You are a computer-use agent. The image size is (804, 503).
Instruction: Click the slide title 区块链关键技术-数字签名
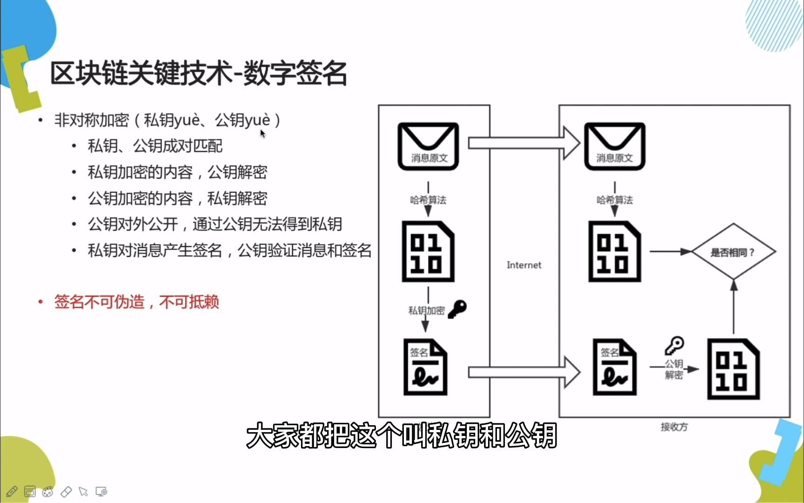[x=198, y=74]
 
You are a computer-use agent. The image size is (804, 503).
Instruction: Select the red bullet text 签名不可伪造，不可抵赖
[x=136, y=302]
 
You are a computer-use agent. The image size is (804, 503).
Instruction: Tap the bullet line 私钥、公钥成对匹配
[x=155, y=146]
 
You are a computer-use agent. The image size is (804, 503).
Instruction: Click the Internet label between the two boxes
[x=524, y=265]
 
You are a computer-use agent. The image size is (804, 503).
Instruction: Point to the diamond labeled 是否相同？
[x=733, y=252]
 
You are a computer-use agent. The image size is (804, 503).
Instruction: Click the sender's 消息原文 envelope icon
[x=428, y=146]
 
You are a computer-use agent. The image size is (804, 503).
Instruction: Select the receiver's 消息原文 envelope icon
[x=615, y=146]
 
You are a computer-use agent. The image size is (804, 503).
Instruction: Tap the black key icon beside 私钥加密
[x=457, y=309]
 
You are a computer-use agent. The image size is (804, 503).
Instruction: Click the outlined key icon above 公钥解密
[x=674, y=346]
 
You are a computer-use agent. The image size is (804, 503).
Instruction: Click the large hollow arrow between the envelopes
[x=524, y=143]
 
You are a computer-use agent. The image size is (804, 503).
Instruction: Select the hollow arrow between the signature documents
[x=524, y=372]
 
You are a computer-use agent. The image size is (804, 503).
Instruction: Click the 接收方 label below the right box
[x=674, y=427]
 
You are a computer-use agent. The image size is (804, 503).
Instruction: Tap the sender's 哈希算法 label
[x=428, y=200]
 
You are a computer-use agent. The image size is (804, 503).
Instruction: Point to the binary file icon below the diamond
[x=733, y=369]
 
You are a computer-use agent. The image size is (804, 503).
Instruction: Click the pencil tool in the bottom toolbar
[x=12, y=491]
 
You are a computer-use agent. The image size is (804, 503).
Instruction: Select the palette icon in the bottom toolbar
[x=47, y=491]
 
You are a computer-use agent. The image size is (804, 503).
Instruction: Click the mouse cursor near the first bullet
[x=262, y=134]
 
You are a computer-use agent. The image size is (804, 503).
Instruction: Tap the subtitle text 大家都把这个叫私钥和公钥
[x=402, y=435]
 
